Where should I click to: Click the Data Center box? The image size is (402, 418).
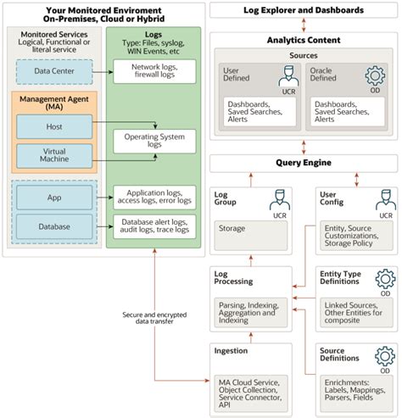pos(53,73)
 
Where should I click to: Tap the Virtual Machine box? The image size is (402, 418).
pos(53,155)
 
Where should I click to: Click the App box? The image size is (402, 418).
pos(53,198)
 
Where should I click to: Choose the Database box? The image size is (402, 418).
pos(53,226)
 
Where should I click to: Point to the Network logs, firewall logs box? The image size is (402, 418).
pos(155,71)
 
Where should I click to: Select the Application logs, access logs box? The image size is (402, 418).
pos(155,198)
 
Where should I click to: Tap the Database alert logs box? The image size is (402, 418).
pos(155,226)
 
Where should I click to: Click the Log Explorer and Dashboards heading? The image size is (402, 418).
pos(302,10)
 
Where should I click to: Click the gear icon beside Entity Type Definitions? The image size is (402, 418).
pos(384,280)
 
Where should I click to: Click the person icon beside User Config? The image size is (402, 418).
pos(384,202)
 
